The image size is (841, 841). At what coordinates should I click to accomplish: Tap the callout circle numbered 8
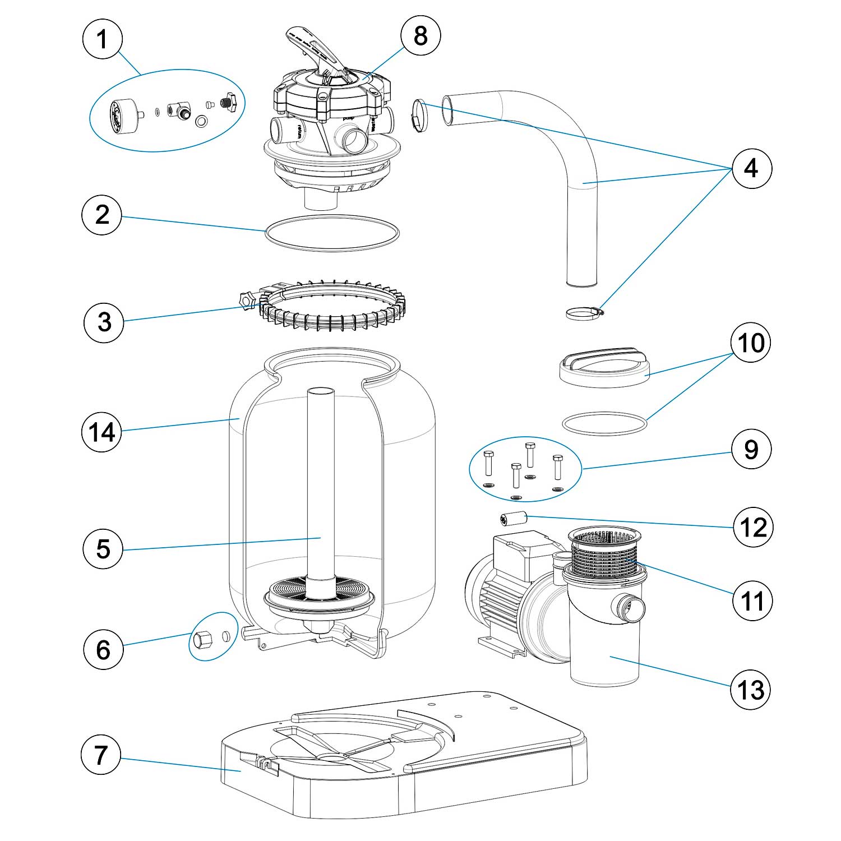pyautogui.click(x=420, y=36)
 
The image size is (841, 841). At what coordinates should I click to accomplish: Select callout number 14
pyautogui.click(x=102, y=432)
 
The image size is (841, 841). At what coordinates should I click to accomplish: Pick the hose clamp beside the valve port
pyautogui.click(x=418, y=115)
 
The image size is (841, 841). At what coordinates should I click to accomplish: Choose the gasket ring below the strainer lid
pyautogui.click(x=604, y=424)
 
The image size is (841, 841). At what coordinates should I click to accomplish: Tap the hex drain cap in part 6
pyautogui.click(x=202, y=639)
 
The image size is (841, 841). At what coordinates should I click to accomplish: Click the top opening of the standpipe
pyautogui.click(x=321, y=393)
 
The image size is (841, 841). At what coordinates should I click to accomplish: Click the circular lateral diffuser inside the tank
pyautogui.click(x=318, y=594)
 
